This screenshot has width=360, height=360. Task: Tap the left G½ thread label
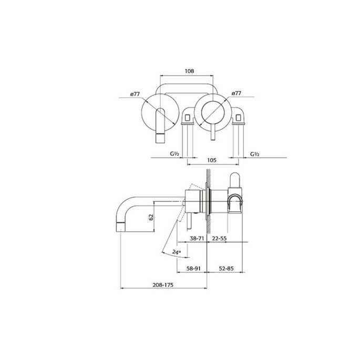(x=175, y=154)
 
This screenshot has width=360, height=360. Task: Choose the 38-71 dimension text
(x=197, y=238)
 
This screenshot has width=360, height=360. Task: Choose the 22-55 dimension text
(x=220, y=238)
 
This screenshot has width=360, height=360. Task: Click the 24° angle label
(x=177, y=252)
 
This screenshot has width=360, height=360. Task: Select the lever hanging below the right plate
(x=212, y=135)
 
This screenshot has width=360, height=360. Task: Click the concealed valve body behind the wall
(x=235, y=197)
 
